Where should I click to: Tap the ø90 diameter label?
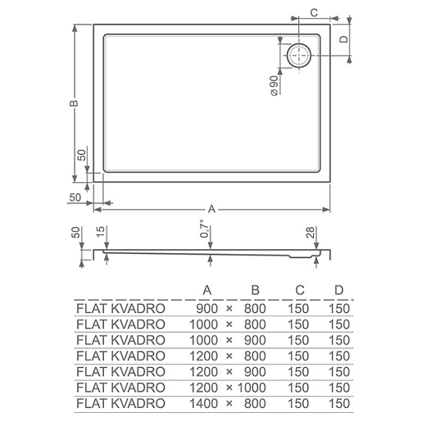(275, 86)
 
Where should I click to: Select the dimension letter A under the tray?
(211, 209)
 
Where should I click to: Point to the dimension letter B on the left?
(74, 103)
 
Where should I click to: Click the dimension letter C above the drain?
(315, 12)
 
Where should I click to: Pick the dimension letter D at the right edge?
(344, 39)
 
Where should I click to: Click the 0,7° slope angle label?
(205, 229)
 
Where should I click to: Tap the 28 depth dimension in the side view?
(311, 232)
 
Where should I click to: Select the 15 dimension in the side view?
(101, 231)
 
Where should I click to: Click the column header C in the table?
(300, 290)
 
